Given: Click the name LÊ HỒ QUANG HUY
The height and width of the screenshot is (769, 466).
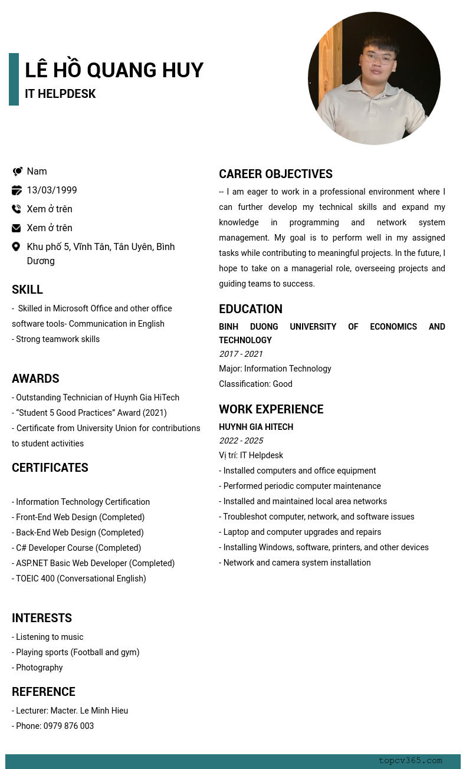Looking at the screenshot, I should (114, 70).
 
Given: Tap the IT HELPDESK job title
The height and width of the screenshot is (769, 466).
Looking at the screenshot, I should (60, 94).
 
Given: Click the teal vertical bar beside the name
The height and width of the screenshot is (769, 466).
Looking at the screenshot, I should (14, 79).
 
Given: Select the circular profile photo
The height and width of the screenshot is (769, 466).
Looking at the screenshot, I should (374, 78).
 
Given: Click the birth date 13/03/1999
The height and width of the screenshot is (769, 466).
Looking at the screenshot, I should (52, 190).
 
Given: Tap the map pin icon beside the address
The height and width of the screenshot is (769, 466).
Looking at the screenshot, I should (17, 247).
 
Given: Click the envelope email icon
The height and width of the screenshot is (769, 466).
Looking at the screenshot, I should (17, 228).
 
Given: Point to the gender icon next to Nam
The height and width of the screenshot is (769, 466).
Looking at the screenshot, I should (17, 171).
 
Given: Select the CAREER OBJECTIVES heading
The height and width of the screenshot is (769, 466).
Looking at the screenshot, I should (275, 174).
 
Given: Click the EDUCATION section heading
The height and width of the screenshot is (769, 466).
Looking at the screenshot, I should (251, 309).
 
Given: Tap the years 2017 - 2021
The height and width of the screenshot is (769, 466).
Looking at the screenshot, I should (241, 354).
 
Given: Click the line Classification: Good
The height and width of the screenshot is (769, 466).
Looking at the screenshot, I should (255, 384).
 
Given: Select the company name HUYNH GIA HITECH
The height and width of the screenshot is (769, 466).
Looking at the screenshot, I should (256, 427).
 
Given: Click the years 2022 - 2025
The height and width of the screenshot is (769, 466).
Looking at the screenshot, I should (241, 441).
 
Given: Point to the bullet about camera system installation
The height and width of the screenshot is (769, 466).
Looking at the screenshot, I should (295, 563).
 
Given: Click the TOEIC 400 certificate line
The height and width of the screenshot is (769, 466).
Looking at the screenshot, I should (79, 579).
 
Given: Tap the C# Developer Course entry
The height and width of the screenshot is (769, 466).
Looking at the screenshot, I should (77, 548).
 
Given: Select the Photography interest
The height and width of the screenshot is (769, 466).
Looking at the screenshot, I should (38, 668).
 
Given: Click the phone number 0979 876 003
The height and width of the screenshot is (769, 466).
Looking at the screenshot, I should (68, 726).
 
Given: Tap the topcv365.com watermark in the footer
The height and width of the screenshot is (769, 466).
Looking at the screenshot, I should (410, 761).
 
